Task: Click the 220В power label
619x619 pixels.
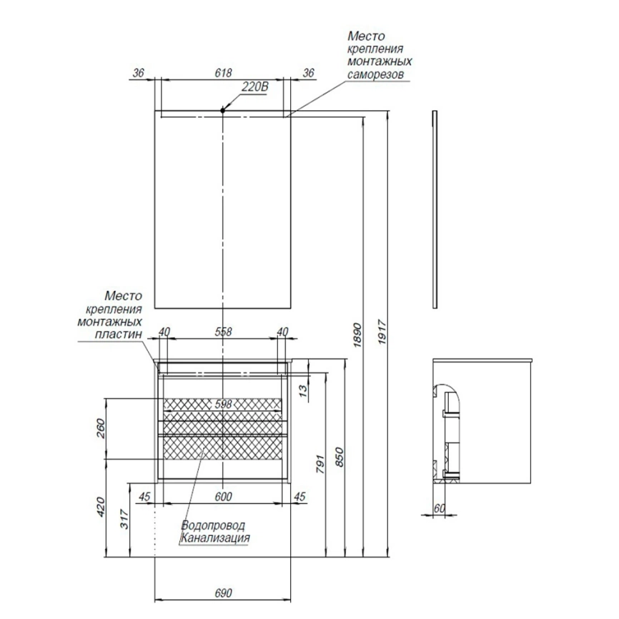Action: tap(254, 86)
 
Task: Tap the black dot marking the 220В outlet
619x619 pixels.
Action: tap(222, 111)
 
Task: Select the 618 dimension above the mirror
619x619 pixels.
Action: tap(223, 73)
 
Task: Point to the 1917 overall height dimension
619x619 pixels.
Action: tap(382, 333)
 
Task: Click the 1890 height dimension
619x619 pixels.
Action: tap(357, 335)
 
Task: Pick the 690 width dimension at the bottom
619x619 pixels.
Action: tap(223, 593)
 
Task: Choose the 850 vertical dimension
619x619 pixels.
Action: tap(340, 457)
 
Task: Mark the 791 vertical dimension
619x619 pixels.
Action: tap(320, 465)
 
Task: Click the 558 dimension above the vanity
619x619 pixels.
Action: tap(223, 332)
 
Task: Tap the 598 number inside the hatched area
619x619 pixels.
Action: tap(223, 405)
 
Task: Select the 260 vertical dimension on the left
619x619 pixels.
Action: tap(101, 429)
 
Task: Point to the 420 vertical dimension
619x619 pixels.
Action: tap(101, 507)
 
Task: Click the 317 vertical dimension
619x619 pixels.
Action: tap(124, 519)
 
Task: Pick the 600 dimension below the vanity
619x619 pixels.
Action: tap(223, 497)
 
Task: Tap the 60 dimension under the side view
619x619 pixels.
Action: tap(439, 508)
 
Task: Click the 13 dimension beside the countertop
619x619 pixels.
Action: tap(303, 390)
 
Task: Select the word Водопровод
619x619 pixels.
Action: tap(213, 525)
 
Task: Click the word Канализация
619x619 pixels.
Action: tap(215, 538)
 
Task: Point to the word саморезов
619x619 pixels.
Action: tap(375, 74)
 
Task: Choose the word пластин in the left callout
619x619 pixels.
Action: tap(119, 335)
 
